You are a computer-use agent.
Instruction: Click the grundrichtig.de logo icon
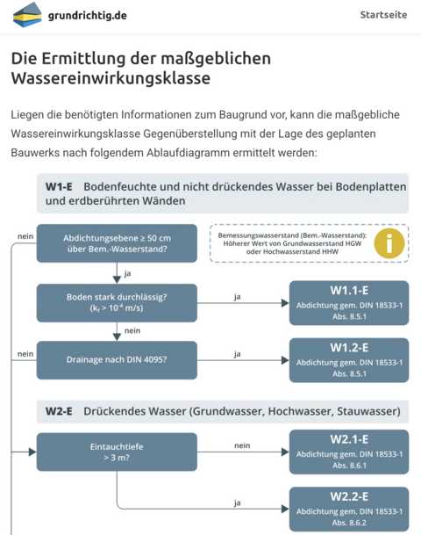[x=27, y=15]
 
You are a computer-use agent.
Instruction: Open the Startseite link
[x=383, y=15]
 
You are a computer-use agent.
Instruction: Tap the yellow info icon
[x=389, y=243]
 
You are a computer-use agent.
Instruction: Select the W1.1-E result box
[x=349, y=303]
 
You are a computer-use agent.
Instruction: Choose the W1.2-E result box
[x=349, y=360]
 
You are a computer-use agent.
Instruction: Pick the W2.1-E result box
[x=349, y=452]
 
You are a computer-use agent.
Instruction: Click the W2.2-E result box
[x=349, y=509]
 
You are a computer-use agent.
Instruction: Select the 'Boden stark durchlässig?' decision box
[x=117, y=303]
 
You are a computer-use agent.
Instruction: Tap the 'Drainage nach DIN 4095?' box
[x=117, y=360]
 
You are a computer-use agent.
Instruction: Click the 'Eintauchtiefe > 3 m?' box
[x=117, y=452]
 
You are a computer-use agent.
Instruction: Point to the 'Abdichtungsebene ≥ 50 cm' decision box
[x=117, y=243]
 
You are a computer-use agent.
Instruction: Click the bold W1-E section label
[x=59, y=186]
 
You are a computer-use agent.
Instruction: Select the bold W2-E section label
[x=59, y=411]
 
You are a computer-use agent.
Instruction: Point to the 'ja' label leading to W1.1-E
[x=238, y=297]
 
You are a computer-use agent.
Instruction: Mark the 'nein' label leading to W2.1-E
[x=242, y=445]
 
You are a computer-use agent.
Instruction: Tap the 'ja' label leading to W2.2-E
[x=238, y=502]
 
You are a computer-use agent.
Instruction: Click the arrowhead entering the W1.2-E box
[x=285, y=360]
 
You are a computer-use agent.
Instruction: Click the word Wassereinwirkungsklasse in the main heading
[x=111, y=78]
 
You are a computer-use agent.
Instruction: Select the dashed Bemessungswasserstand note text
[x=292, y=243]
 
